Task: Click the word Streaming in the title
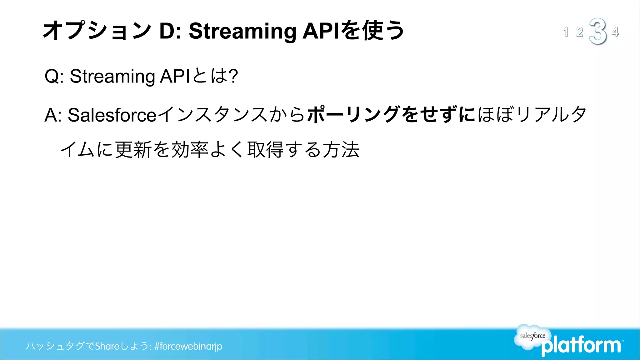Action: [x=242, y=32]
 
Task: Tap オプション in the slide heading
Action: [x=97, y=31]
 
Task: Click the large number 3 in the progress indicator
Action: [x=597, y=31]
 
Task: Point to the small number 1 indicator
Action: [x=565, y=32]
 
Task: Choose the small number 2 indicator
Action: [x=580, y=32]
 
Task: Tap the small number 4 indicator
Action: [x=615, y=32]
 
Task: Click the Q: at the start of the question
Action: [x=54, y=76]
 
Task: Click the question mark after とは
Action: [x=233, y=76]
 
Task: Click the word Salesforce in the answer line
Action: [x=112, y=115]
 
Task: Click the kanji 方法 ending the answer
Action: [x=341, y=149]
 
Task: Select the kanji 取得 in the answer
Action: [x=265, y=149]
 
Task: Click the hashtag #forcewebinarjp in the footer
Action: [x=188, y=346]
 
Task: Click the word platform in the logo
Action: [x=581, y=346]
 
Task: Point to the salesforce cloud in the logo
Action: [x=532, y=336]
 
